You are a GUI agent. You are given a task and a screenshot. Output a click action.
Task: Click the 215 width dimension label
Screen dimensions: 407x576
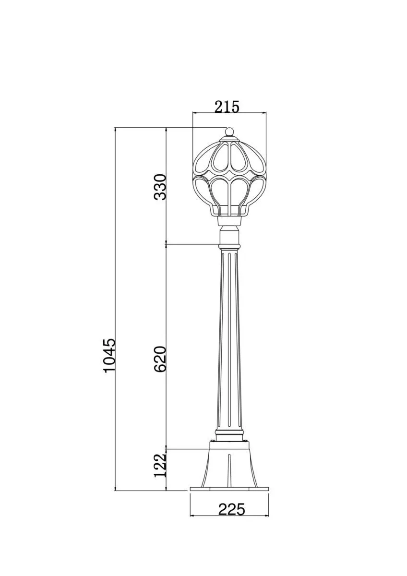coord(227,107)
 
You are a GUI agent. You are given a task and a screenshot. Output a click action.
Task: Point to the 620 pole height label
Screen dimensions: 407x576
coord(160,359)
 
